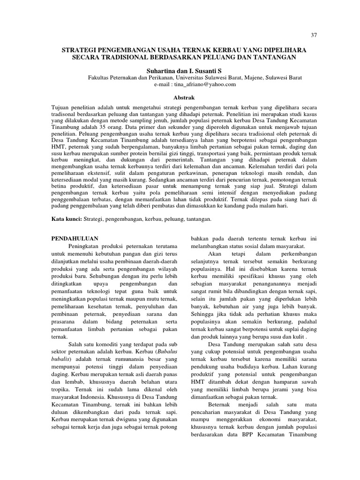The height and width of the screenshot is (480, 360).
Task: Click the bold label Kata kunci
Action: pos(66,219)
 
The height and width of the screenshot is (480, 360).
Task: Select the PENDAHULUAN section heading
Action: pos(75,239)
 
